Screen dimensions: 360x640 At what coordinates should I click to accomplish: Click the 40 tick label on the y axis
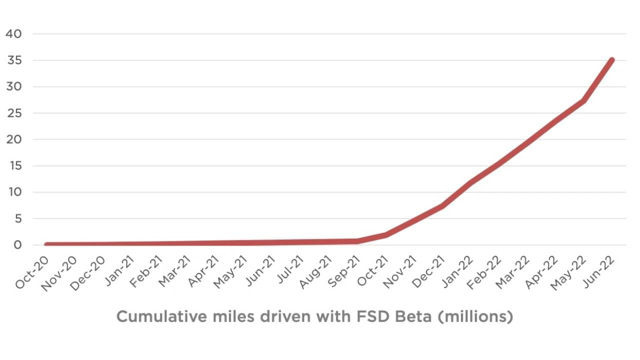[x=14, y=34]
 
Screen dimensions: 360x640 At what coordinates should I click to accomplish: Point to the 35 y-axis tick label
[x=14, y=60]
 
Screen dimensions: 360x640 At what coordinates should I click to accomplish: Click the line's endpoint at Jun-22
[x=611, y=60]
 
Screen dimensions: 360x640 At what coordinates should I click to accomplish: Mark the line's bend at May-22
[x=583, y=101]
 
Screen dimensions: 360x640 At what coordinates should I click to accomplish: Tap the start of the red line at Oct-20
[x=46, y=244]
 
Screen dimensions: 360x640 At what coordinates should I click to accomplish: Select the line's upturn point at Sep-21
[x=357, y=241]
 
